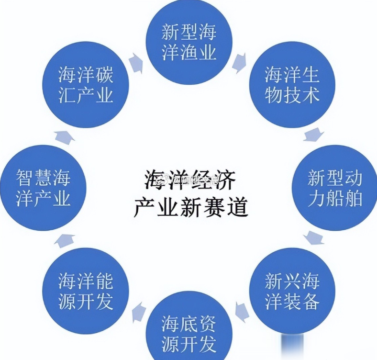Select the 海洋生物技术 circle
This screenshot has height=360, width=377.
click(x=291, y=85)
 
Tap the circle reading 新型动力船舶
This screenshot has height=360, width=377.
click(x=334, y=188)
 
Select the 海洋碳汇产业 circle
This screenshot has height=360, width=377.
click(x=86, y=85)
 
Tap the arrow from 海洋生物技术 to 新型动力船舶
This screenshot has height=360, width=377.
click(x=313, y=135)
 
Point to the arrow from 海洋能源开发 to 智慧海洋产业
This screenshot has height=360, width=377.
click(x=64, y=239)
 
